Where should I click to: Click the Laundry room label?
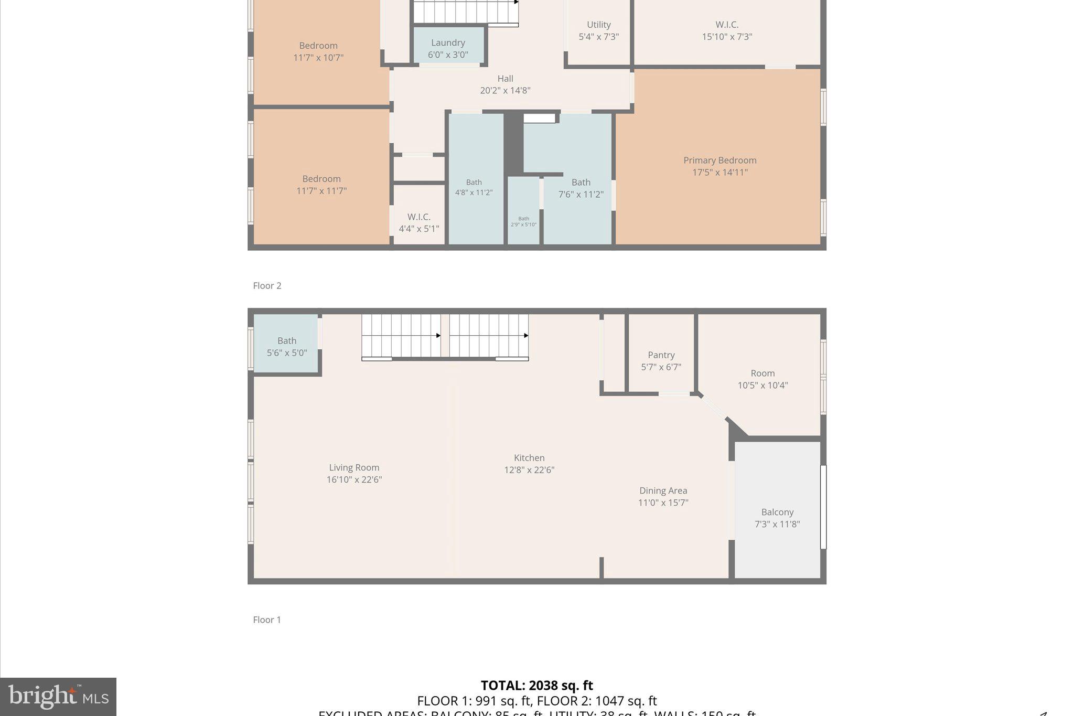coord(448,43)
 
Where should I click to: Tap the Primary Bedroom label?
coord(719,161)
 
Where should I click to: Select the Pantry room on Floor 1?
coord(661,361)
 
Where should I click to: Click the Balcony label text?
coord(777,512)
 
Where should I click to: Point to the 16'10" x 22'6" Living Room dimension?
coord(354,479)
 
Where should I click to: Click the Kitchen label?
coord(529,458)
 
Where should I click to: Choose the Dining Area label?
coord(663,491)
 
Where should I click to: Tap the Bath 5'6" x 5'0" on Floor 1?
coord(286,347)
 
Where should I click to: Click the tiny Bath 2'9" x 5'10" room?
coord(523,221)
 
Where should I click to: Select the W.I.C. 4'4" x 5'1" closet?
coord(418,222)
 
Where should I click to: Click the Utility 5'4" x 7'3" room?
coord(598,30)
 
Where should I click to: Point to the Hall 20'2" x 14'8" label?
coord(505,84)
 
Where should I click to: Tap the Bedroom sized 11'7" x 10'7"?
coord(318,51)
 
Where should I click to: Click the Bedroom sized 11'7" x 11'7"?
coord(321,185)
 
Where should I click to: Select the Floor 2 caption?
coord(267,286)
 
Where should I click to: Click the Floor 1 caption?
coord(267,620)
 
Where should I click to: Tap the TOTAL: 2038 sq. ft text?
coord(536,686)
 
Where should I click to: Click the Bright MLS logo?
coord(58,697)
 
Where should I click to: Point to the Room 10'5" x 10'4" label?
coord(762,379)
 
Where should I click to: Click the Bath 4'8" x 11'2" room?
coord(474,187)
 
